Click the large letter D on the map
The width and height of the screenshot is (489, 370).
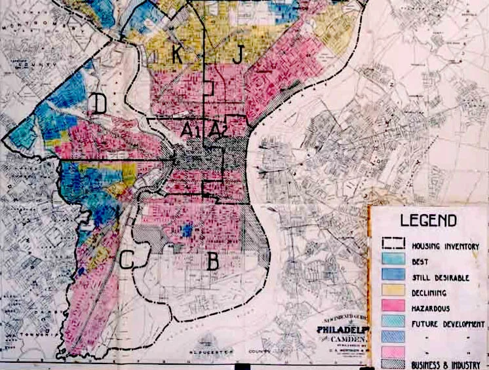[99, 103]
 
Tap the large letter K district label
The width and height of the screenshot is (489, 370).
[177, 55]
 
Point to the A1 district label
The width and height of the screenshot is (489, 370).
[189, 131]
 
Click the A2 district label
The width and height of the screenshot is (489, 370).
[216, 130]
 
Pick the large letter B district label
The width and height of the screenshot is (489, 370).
[212, 262]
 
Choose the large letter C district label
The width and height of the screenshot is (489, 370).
[127, 260]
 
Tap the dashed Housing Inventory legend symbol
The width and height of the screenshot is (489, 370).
[393, 246]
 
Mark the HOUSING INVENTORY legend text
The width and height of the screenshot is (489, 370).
[445, 246]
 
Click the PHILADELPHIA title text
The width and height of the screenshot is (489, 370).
[342, 329]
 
